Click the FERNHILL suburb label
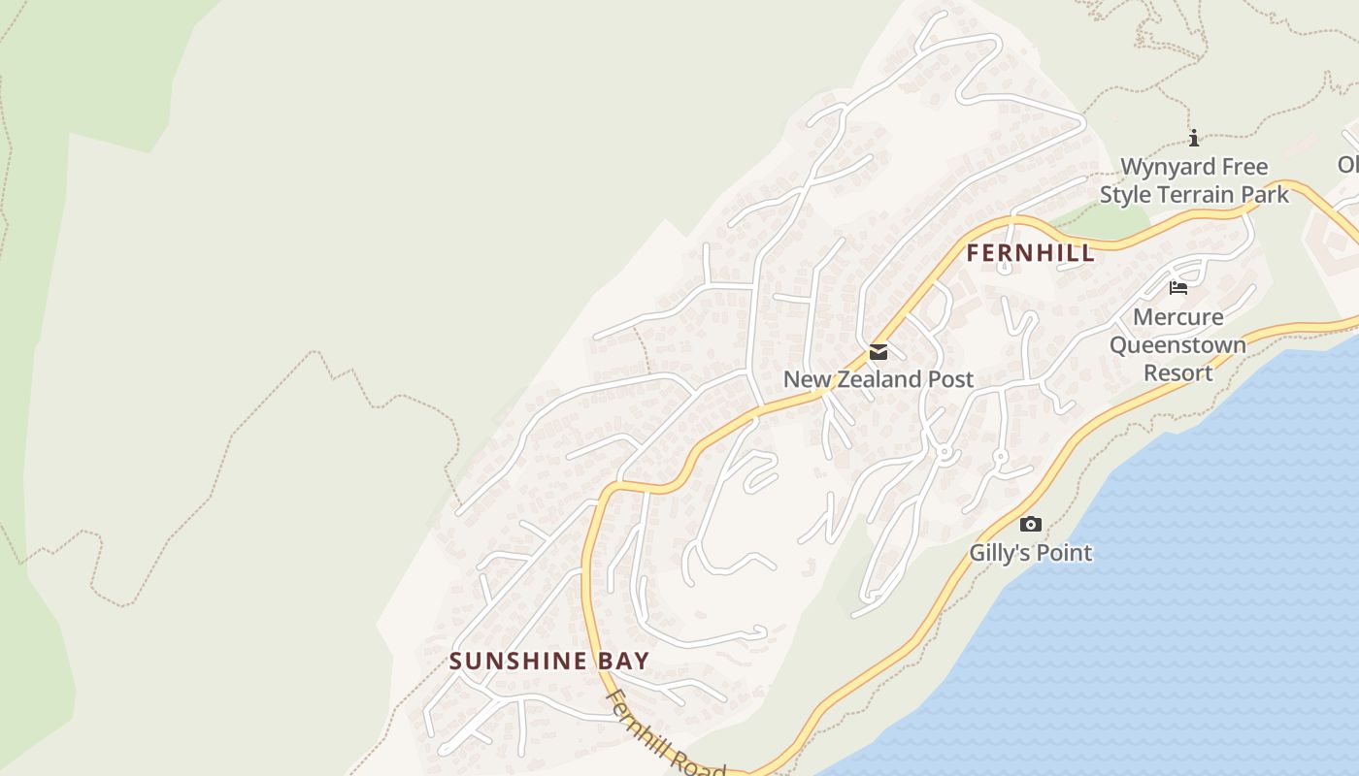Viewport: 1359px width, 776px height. [1030, 253]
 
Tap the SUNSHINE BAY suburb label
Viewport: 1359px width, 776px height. [548, 662]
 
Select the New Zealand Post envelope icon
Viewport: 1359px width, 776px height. [878, 352]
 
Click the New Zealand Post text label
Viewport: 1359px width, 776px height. [878, 379]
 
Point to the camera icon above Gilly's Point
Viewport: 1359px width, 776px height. [1031, 525]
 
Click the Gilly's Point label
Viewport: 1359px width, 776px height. [1030, 553]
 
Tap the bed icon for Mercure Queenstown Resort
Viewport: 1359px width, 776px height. [1178, 288]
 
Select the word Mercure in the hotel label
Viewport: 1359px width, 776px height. [1177, 317]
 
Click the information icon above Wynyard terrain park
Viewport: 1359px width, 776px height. [1194, 139]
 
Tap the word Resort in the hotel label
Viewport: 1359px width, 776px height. [1177, 372]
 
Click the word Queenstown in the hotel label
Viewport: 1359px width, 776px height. [1177, 345]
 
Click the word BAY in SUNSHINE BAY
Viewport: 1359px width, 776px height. [622, 662]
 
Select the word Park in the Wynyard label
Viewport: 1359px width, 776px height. [1264, 195]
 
